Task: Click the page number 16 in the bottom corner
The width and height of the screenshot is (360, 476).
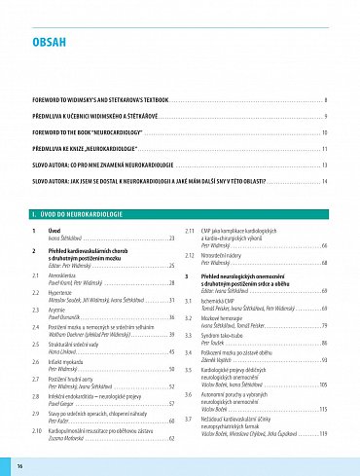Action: pos(19,468)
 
